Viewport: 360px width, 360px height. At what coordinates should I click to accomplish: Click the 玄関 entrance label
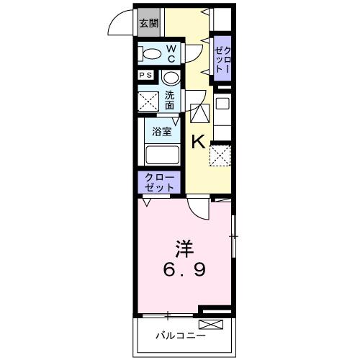(x=148, y=24)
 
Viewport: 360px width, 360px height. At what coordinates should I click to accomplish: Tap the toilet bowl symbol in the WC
(x=152, y=53)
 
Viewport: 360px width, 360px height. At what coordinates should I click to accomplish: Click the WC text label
(x=172, y=53)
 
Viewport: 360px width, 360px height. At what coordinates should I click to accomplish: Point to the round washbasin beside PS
(x=171, y=77)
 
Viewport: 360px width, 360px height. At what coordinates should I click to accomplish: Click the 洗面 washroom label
(x=169, y=99)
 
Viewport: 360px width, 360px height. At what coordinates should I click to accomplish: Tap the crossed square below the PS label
(x=148, y=101)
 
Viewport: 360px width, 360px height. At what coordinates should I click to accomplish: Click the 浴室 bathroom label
(x=162, y=132)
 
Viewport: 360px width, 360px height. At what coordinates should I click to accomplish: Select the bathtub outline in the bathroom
(x=161, y=155)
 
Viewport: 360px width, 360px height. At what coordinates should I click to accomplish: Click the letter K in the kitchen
(x=199, y=142)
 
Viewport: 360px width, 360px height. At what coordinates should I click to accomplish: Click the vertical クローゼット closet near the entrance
(x=222, y=56)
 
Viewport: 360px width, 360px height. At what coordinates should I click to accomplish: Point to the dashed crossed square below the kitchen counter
(x=220, y=154)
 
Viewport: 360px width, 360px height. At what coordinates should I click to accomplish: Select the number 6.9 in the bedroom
(x=185, y=271)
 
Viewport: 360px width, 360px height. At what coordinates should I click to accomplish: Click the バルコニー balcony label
(x=181, y=336)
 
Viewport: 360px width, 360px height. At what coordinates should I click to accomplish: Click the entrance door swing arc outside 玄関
(x=121, y=25)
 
